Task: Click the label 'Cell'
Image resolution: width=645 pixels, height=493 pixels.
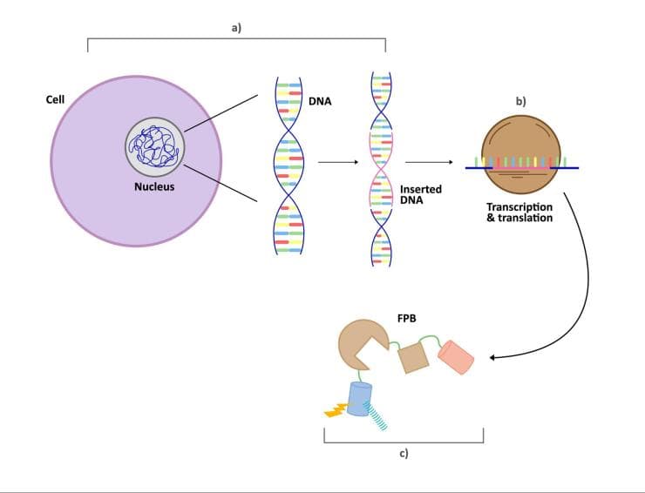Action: [55, 99]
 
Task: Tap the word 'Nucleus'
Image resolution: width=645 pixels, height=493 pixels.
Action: [154, 186]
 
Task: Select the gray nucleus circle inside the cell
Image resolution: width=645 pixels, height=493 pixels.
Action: [155, 147]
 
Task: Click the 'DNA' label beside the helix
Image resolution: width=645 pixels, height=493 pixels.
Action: [320, 101]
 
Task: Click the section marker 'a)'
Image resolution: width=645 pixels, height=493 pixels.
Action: [236, 28]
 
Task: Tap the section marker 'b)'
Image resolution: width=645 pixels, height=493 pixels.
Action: [520, 101]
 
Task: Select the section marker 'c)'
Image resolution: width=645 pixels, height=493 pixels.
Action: [404, 453]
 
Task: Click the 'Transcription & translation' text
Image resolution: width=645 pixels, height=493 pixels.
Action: [519, 213]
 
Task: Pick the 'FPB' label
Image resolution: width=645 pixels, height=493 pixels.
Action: [406, 318]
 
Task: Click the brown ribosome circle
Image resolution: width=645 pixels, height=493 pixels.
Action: [521, 154]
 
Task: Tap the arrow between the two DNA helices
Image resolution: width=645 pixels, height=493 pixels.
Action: [338, 162]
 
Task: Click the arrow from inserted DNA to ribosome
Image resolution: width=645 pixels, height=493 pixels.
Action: [429, 162]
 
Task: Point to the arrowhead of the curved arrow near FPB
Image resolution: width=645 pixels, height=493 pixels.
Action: [492, 358]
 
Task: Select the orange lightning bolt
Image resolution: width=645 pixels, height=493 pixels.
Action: [336, 410]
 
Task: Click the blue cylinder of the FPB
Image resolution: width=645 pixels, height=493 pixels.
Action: [359, 399]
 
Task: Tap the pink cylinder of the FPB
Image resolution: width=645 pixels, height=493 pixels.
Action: [456, 357]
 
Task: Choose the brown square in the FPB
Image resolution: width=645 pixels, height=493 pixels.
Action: [413, 359]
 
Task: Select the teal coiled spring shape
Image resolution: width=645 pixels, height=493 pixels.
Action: [377, 416]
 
